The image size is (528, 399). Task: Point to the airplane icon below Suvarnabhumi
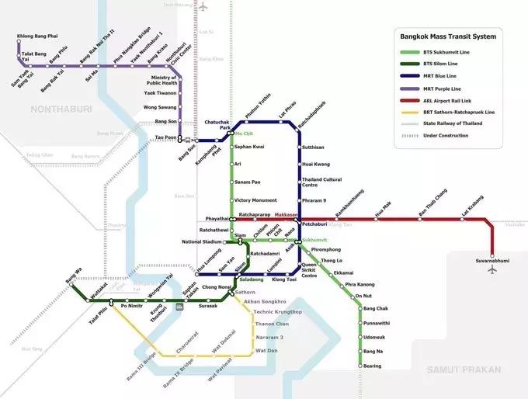(492, 271)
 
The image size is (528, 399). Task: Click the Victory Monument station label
(255, 200)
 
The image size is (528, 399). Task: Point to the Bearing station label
(373, 366)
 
